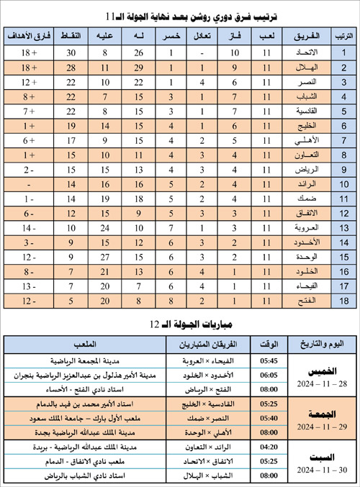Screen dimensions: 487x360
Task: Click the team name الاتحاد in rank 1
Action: point(297,53)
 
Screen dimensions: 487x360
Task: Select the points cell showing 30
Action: point(72,53)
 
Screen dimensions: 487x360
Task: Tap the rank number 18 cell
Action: point(344,300)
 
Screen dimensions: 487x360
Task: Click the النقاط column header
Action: point(72,35)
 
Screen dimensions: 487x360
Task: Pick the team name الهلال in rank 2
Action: point(297,68)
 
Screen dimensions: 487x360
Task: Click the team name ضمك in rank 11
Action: point(297,199)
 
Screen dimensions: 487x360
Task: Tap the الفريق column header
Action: point(297,35)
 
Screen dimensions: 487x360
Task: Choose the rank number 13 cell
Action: point(344,227)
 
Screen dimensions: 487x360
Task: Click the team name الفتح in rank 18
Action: point(297,300)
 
